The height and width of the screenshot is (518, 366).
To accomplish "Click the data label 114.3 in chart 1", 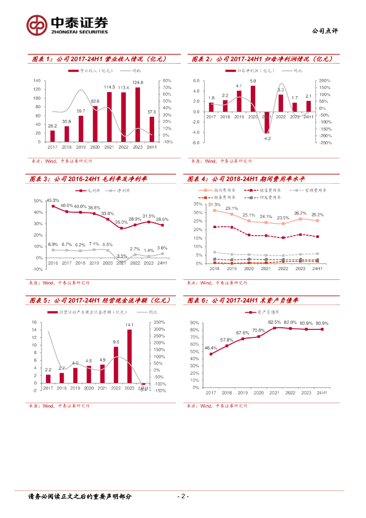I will point(109,87).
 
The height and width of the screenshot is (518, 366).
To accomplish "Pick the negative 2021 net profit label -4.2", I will point(267,138).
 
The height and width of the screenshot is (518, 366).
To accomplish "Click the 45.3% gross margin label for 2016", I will point(53,200).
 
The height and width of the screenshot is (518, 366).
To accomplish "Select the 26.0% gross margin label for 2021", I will point(121,222).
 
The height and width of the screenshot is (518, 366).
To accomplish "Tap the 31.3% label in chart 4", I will point(214,204).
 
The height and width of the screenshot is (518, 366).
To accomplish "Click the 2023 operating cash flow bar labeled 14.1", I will point(129,357).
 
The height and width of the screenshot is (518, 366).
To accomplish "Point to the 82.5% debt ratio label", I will point(274,322).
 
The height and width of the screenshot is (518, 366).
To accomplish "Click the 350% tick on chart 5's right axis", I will point(159,322).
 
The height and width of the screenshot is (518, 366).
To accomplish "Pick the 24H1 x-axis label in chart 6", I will point(322,393).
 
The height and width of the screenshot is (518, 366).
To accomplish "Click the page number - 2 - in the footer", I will point(183,496).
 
